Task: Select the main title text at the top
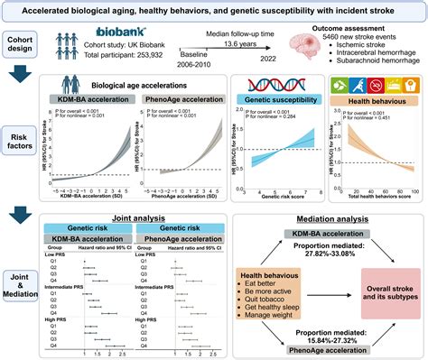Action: [214, 8]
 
